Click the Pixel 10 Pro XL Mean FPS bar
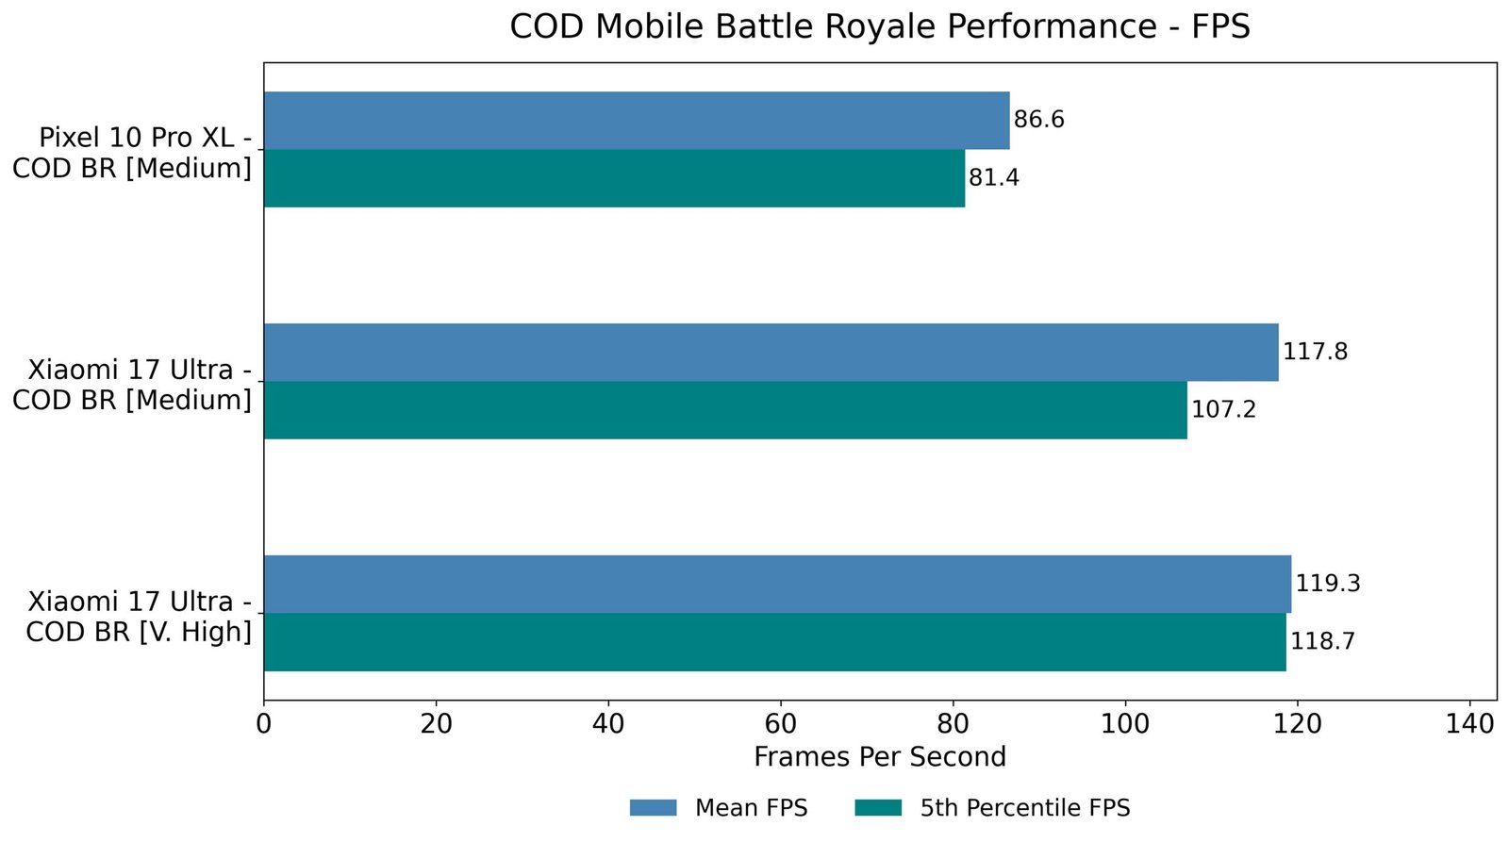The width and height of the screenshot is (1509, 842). [x=637, y=121]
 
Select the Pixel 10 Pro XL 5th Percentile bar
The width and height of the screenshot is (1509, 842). [x=614, y=178]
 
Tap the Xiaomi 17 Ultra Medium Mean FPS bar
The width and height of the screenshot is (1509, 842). [x=771, y=353]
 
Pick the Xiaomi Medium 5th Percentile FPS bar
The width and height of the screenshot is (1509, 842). [x=725, y=410]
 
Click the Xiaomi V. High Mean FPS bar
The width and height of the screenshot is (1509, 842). [x=777, y=585]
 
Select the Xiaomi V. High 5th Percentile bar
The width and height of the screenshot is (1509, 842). [x=774, y=642]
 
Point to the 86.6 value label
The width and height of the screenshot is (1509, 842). [x=1038, y=120]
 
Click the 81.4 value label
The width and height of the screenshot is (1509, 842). [x=993, y=178]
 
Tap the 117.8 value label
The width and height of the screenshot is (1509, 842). [x=1315, y=353]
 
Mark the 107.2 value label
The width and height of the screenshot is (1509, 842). [x=1223, y=410]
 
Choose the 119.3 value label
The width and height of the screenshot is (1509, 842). [x=1327, y=584]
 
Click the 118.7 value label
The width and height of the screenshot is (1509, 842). [x=1322, y=642]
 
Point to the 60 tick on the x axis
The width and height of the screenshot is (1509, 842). [x=781, y=724]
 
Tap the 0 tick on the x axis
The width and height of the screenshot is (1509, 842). [x=264, y=724]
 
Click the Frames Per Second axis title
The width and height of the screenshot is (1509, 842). [x=879, y=757]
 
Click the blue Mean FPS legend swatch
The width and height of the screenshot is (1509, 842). [x=654, y=808]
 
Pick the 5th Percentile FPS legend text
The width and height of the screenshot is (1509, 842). [x=1024, y=808]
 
